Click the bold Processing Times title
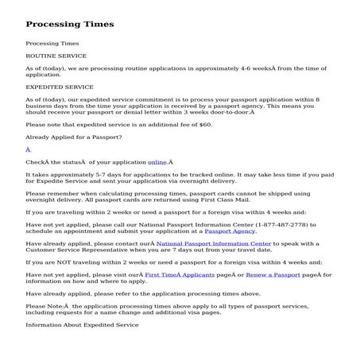tap(70, 24)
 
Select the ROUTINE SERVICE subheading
tap(56, 56)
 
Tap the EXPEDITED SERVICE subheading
tap(60, 87)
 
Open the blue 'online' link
tap(157, 161)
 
